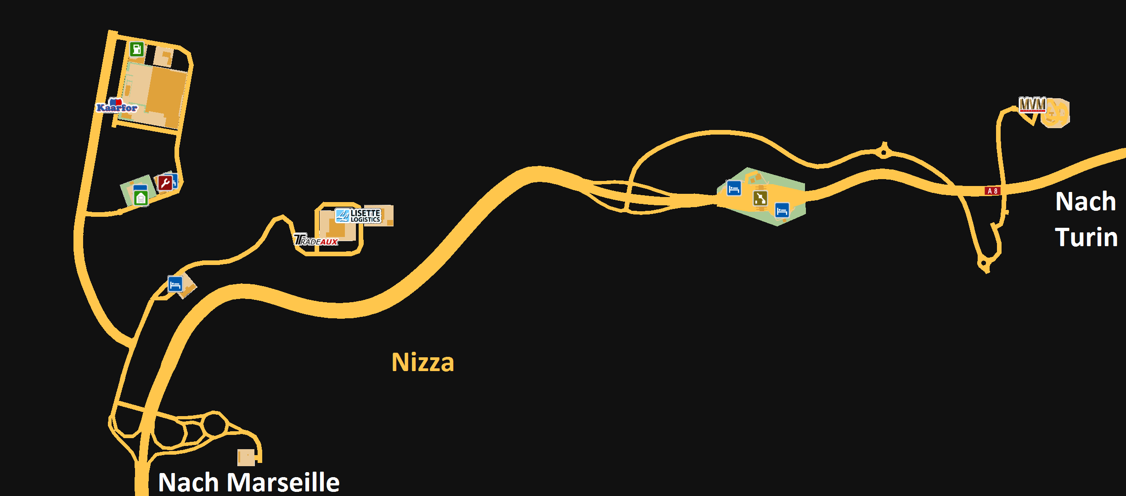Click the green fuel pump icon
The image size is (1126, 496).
(136, 49)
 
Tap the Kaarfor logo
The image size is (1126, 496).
(117, 107)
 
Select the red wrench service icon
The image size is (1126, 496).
(165, 183)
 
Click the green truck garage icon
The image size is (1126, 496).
(141, 198)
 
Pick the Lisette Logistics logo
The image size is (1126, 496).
(358, 215)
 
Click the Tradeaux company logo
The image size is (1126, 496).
(316, 240)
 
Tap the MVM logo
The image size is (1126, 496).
(1032, 105)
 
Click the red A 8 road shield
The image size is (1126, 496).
(992, 191)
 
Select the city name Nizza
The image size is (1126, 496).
(422, 362)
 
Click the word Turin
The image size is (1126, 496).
(1086, 237)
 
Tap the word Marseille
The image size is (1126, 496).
(283, 482)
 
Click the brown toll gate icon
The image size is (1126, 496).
(760, 198)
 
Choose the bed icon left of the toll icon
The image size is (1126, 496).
(734, 188)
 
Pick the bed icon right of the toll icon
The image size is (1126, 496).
(782, 210)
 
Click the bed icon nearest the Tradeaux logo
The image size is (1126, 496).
(175, 284)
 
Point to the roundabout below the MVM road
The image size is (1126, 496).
(984, 264)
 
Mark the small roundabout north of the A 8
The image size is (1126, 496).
(884, 152)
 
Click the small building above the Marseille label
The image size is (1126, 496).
(246, 457)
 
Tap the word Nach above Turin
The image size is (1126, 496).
(1086, 202)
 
